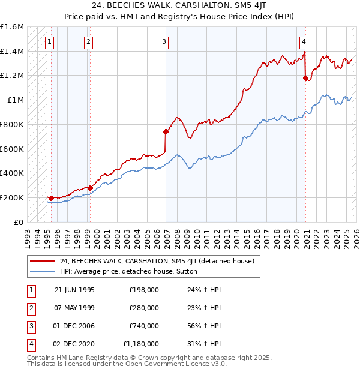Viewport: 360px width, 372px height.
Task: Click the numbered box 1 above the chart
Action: (49, 41)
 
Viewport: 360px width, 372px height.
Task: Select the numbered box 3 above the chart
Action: (164, 41)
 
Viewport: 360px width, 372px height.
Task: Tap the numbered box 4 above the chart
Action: (304, 41)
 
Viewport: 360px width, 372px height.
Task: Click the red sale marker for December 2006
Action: (166, 131)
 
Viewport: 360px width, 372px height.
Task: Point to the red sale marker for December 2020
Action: (306, 78)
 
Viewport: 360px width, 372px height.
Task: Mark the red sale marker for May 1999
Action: (90, 188)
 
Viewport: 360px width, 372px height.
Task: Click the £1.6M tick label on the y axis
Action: (13, 27)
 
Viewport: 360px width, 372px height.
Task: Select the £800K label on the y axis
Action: (12, 124)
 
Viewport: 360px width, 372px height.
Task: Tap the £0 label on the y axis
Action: (19, 222)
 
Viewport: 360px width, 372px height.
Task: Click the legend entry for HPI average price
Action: (133, 271)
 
